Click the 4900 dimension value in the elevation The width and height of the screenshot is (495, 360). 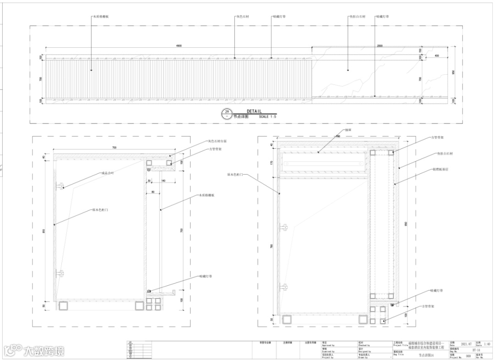pyautogui.click(x=179, y=45)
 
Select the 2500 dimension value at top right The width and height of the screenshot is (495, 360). pyautogui.click(x=379, y=45)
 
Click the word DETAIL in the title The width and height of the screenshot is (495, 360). pyautogui.click(x=254, y=111)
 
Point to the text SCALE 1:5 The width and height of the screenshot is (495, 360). pyautogui.click(x=268, y=117)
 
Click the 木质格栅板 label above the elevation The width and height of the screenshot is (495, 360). pyautogui.click(x=101, y=17)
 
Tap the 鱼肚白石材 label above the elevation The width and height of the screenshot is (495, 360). pyautogui.click(x=356, y=17)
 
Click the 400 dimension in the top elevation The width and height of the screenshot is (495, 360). pyautogui.click(x=436, y=55)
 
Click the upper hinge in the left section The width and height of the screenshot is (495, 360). pyautogui.click(x=60, y=186)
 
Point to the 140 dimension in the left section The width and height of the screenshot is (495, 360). pyautogui.click(x=164, y=181)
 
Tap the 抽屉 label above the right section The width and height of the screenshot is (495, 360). pyautogui.click(x=348, y=130)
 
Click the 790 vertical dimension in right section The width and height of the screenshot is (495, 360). pyautogui.click(x=272, y=246)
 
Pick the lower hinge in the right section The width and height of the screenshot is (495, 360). pyautogui.click(x=285, y=287)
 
